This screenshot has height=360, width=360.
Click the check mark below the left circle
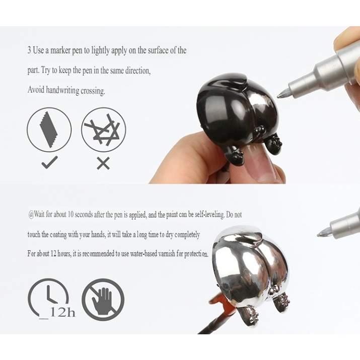click(x=49, y=162)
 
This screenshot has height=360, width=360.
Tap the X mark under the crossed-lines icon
click(x=103, y=164)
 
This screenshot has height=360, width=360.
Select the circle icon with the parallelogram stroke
click(x=49, y=130)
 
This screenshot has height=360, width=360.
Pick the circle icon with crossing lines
click(x=104, y=130)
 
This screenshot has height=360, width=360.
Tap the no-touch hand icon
click(x=103, y=300)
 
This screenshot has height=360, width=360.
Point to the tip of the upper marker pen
click(x=278, y=96)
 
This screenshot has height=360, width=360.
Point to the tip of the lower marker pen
click(x=318, y=235)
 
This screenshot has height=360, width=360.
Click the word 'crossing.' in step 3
click(x=93, y=91)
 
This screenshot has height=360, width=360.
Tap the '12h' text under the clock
click(x=62, y=312)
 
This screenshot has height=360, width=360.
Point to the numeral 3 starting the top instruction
click(x=29, y=50)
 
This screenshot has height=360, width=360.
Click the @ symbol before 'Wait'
click(x=31, y=214)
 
